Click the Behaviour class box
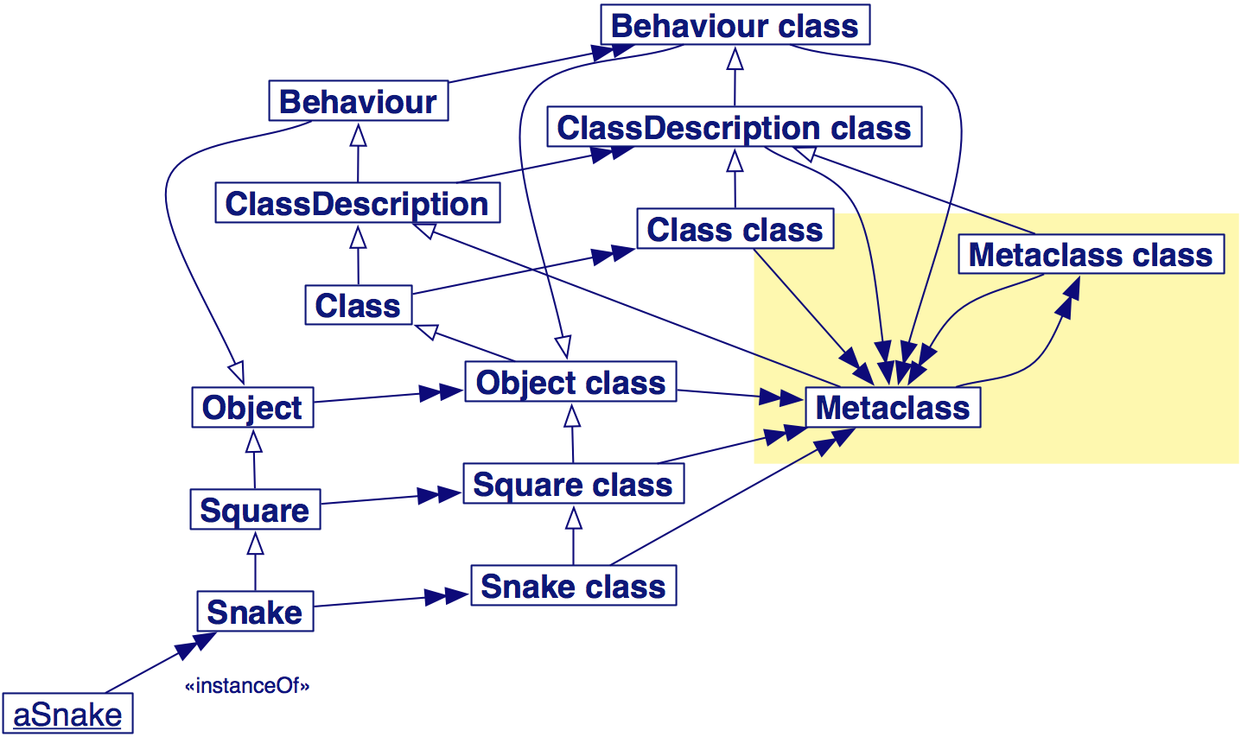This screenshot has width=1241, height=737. point(735,25)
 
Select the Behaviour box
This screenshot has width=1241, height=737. point(359,101)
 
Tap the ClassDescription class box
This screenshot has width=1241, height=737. point(735,127)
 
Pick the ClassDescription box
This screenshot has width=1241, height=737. point(358,203)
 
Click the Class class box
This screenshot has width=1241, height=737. point(735,229)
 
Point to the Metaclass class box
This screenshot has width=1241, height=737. point(1091,254)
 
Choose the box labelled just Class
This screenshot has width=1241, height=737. point(359,305)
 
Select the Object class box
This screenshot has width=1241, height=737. point(570,382)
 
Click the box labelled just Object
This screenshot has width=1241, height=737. point(252,408)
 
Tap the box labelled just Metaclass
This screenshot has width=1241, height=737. point(893,408)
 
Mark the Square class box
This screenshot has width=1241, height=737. point(574,483)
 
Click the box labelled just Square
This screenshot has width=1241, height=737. point(256,510)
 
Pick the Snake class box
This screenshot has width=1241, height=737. point(574,585)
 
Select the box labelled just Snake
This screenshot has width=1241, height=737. point(256,612)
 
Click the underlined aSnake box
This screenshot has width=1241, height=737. point(67,714)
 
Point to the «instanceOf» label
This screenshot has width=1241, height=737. point(247,685)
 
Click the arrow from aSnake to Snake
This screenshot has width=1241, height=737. point(161,662)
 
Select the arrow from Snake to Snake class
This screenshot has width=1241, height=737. point(391,600)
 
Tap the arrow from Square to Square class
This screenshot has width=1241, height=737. point(391,498)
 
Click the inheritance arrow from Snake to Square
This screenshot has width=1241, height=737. point(256,561)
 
